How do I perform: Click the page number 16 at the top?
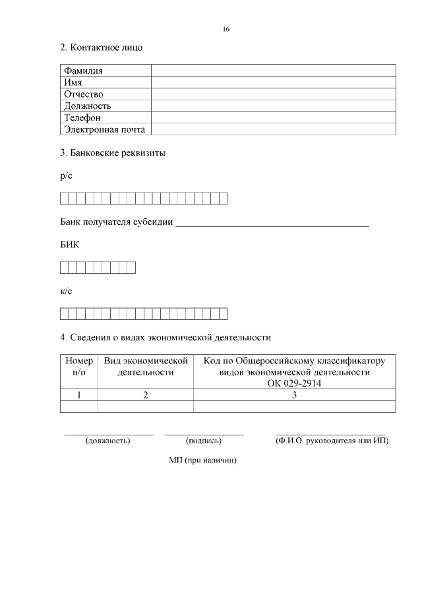tap(226, 30)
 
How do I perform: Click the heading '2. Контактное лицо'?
tap(101, 47)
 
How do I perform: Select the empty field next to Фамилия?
tap(273, 71)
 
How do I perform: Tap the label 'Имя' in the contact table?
tap(73, 82)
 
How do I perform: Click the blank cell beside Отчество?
tap(273, 94)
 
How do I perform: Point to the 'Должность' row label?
tap(87, 106)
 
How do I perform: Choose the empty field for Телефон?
tap(273, 117)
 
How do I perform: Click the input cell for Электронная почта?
tap(273, 129)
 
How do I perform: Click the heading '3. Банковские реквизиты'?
tap(113, 153)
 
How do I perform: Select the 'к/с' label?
tap(67, 291)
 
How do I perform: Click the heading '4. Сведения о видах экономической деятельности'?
tap(166, 337)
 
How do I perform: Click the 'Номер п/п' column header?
tap(78, 367)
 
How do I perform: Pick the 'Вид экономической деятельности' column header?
tap(146, 367)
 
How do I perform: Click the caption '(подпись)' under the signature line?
tap(204, 441)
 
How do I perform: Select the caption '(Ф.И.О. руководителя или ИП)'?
tap(332, 441)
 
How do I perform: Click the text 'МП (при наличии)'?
tap(202, 460)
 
